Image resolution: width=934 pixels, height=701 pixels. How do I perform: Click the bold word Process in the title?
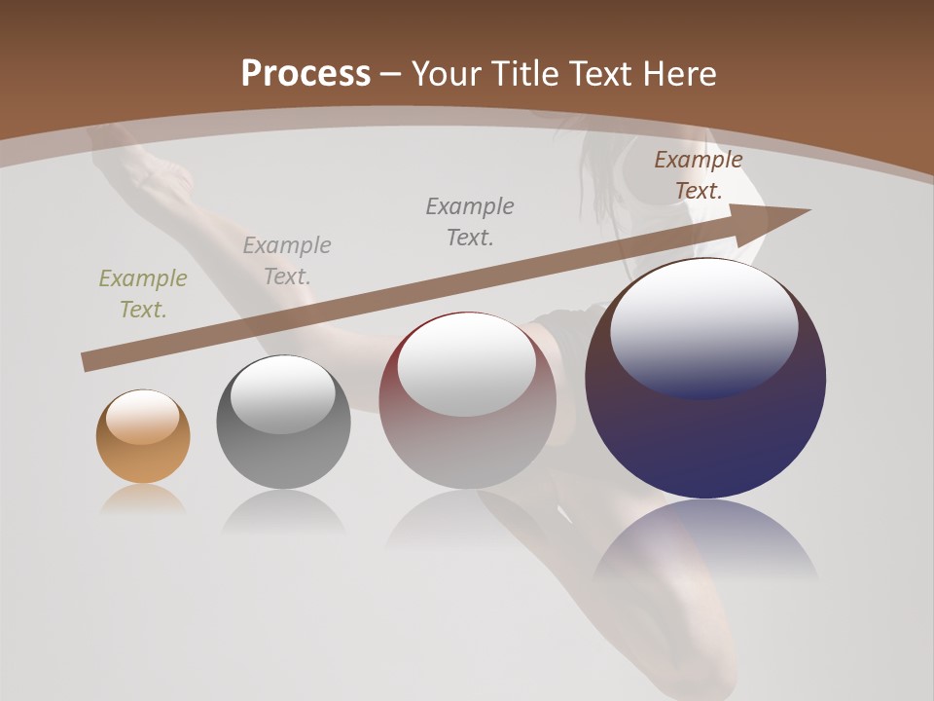[x=305, y=74]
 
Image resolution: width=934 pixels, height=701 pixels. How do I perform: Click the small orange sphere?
[x=143, y=437]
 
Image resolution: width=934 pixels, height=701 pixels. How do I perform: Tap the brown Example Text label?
[x=699, y=175]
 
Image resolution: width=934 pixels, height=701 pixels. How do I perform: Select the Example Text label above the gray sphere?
[x=287, y=261]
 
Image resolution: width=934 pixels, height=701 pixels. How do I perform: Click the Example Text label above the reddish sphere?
[x=470, y=222]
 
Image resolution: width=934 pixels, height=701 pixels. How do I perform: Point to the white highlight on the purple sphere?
[x=703, y=327]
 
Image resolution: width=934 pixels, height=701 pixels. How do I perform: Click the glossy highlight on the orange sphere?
[x=143, y=417]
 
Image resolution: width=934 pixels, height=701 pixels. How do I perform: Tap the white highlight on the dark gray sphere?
[x=283, y=393]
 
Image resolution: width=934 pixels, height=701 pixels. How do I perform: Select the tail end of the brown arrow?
[x=88, y=362]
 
